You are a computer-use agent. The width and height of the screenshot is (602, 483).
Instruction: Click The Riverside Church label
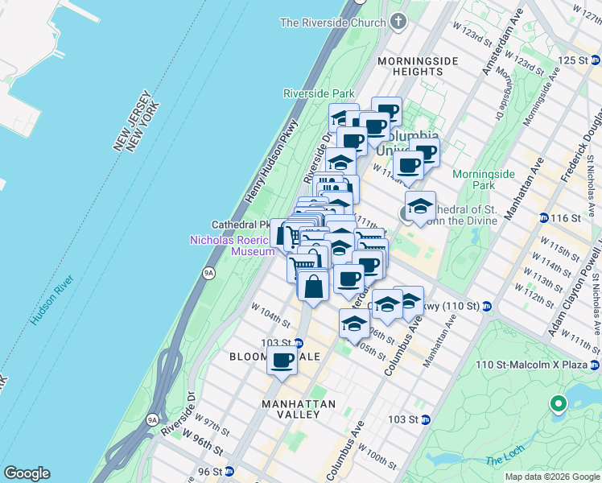point(332,23)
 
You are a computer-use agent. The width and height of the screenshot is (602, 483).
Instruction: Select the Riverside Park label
point(319,93)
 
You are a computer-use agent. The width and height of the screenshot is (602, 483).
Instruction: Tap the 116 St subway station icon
point(544,218)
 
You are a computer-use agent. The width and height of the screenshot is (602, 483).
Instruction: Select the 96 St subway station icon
point(229,472)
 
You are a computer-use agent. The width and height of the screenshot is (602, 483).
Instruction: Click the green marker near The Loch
point(557,404)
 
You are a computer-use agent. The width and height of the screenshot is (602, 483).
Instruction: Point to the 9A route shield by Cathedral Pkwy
point(209,272)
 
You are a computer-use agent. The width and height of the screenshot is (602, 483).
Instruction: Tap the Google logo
point(27,473)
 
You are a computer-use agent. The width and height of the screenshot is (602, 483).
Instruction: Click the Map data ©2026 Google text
point(551,477)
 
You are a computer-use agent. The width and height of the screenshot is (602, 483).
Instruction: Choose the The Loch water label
point(505,460)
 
